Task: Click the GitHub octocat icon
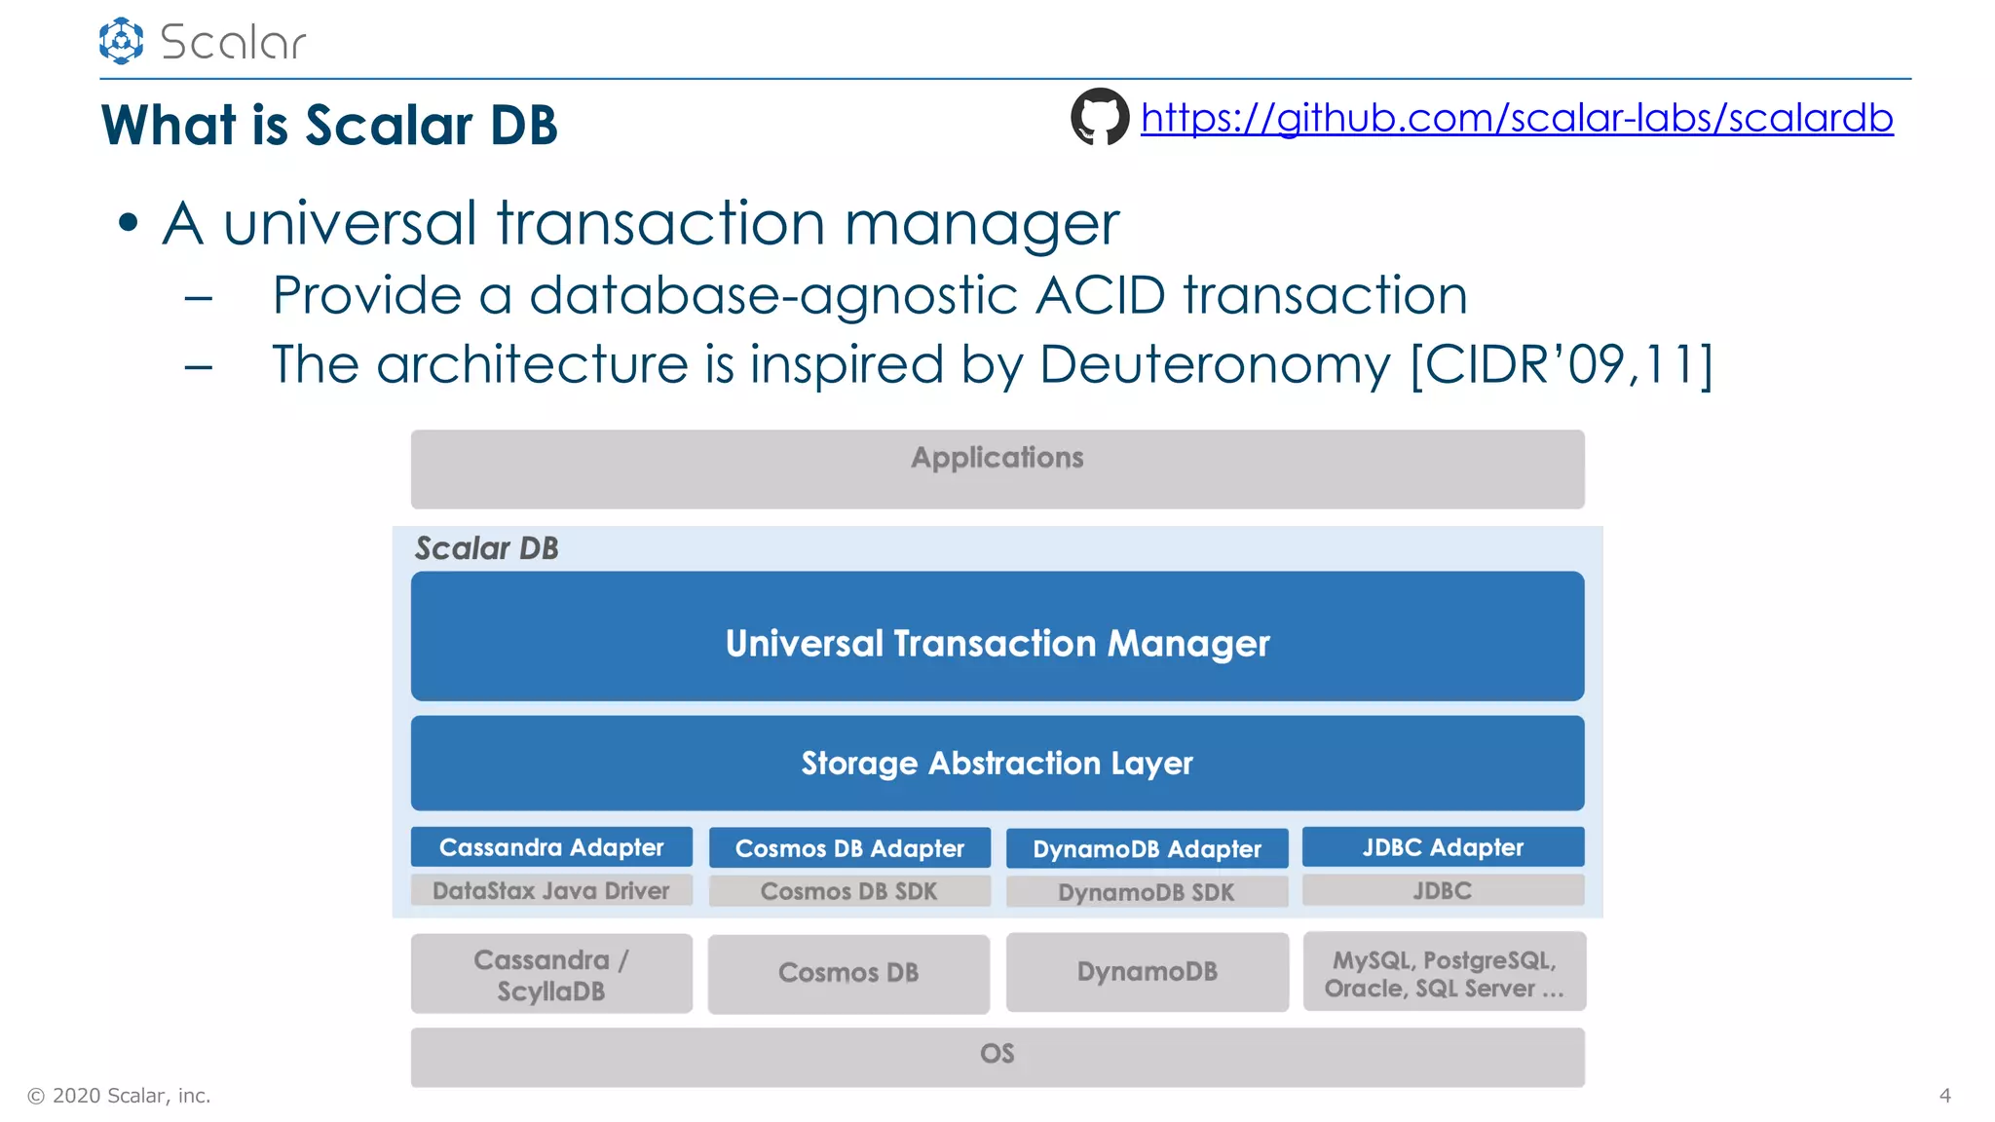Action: click(1100, 117)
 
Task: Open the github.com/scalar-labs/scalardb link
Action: click(1517, 118)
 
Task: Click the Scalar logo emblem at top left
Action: click(122, 41)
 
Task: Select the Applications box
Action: click(997, 468)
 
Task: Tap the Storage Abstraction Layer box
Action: click(997, 763)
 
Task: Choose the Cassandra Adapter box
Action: click(551, 847)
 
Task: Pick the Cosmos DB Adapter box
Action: click(849, 848)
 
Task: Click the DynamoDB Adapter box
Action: click(1147, 849)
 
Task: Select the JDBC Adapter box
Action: click(1443, 847)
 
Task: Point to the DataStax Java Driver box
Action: click(551, 890)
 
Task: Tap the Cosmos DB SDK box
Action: click(849, 891)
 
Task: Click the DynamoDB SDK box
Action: click(1147, 892)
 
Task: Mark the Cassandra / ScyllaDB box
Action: click(551, 974)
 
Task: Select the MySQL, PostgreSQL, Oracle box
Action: click(1444, 973)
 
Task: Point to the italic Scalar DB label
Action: click(487, 548)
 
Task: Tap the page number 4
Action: click(1944, 1096)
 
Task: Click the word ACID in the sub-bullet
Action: click(1100, 295)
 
